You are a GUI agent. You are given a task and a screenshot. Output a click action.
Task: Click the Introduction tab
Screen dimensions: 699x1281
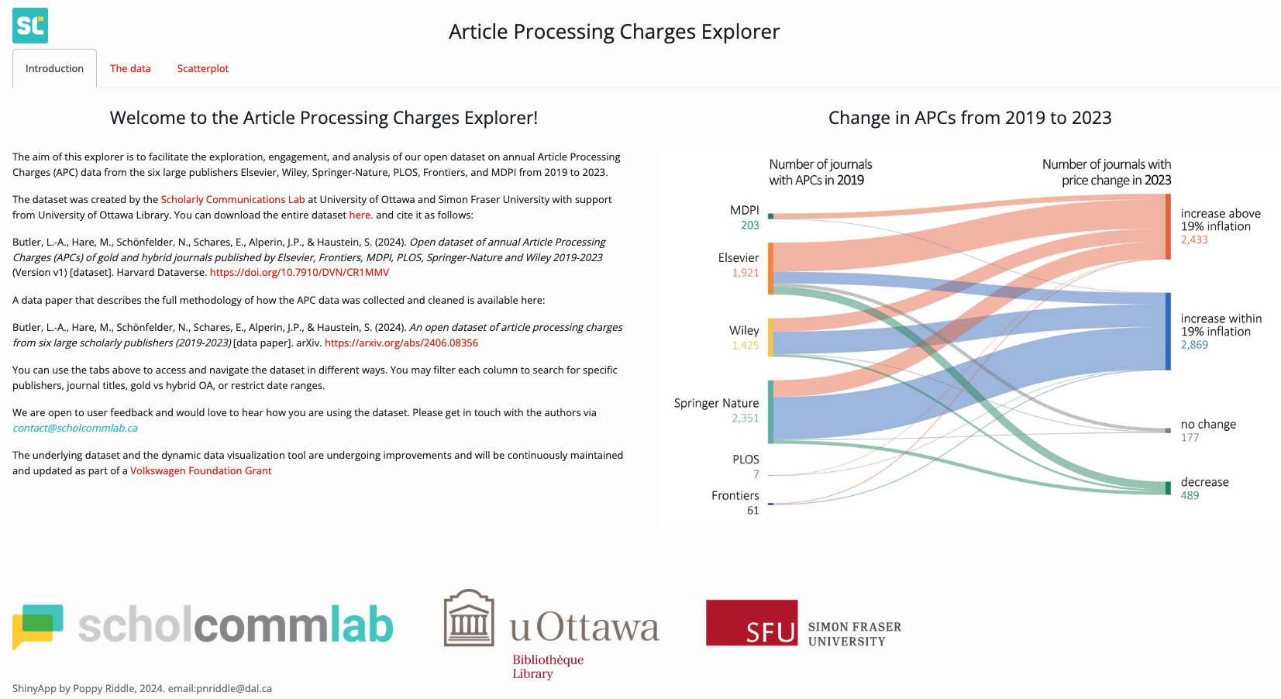pyautogui.click(x=54, y=69)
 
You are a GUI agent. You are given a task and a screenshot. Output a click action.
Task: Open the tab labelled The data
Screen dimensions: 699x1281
pyautogui.click(x=130, y=69)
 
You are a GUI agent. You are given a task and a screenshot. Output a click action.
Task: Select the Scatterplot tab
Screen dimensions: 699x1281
pyautogui.click(x=203, y=69)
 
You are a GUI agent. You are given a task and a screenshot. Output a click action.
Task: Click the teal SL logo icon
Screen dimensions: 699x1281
pyautogui.click(x=30, y=26)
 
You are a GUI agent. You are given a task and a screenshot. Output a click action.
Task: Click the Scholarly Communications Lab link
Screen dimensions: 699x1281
pyautogui.click(x=232, y=200)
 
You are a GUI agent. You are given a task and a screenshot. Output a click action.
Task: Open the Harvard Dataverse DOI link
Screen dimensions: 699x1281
pyautogui.click(x=299, y=273)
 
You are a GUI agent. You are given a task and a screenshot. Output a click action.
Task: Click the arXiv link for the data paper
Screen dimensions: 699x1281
pyautogui.click(x=401, y=343)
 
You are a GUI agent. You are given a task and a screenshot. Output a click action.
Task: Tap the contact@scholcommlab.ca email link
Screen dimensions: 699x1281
pyautogui.click(x=75, y=429)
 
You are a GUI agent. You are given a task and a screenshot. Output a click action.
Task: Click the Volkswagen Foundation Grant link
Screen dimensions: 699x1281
pyautogui.click(x=201, y=471)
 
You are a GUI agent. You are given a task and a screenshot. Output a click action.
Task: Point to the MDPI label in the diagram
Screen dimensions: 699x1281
pyautogui.click(x=744, y=210)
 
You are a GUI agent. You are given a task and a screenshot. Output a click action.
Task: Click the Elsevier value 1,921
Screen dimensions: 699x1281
pyautogui.click(x=745, y=273)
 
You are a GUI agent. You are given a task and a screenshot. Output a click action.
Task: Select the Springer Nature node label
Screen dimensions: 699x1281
pyautogui.click(x=716, y=403)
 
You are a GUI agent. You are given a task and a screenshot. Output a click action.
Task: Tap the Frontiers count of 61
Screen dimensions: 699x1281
pyautogui.click(x=752, y=511)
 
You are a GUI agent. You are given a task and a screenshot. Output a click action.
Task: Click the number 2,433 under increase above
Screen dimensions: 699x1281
pyautogui.click(x=1194, y=240)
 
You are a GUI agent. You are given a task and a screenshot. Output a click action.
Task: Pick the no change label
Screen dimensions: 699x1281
pyautogui.click(x=1208, y=425)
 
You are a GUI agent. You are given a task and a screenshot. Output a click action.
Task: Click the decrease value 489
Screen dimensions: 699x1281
pyautogui.click(x=1190, y=496)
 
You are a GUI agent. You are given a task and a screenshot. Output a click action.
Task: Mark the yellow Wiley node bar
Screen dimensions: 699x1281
pyautogui.click(x=770, y=337)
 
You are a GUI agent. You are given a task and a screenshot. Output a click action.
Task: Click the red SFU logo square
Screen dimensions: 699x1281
pyautogui.click(x=751, y=623)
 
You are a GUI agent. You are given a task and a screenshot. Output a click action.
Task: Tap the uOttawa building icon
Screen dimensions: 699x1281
pyautogui.click(x=468, y=618)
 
